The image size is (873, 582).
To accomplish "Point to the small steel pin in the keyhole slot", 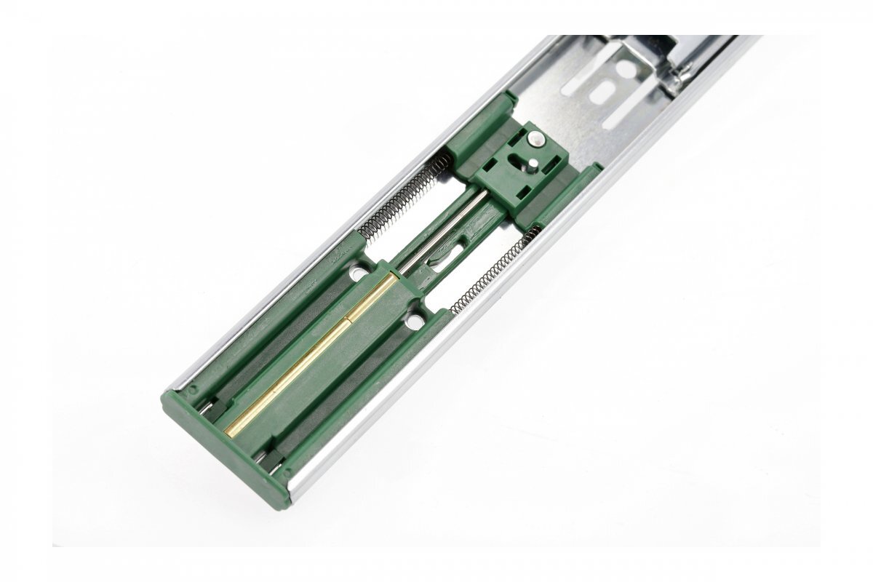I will click(x=525, y=164).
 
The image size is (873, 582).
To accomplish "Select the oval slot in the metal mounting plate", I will click(x=599, y=94).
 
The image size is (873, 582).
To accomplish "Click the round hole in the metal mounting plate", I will click(x=625, y=69).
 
